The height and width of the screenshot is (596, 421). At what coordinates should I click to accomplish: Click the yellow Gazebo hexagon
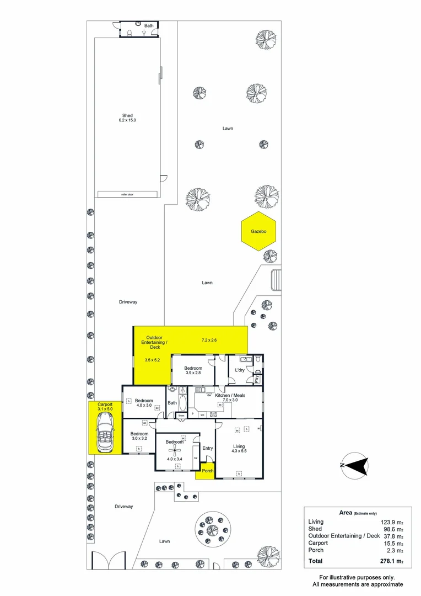tap(259, 231)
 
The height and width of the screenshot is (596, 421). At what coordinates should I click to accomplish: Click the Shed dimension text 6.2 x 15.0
tap(127, 120)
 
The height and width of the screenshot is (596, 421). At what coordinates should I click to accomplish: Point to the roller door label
tap(127, 194)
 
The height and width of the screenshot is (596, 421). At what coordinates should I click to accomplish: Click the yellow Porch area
tap(207, 471)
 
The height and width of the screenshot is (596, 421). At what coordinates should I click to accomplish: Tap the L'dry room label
tap(240, 370)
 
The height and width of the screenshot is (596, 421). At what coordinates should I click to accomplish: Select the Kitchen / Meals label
tap(230, 396)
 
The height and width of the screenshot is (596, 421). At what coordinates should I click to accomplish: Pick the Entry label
tap(207, 448)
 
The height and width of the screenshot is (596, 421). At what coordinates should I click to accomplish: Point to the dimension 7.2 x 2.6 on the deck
tap(209, 340)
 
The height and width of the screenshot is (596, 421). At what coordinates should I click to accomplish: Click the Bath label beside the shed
tap(149, 26)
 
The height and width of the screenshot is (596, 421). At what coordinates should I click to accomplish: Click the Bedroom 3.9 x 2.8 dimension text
tap(193, 374)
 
